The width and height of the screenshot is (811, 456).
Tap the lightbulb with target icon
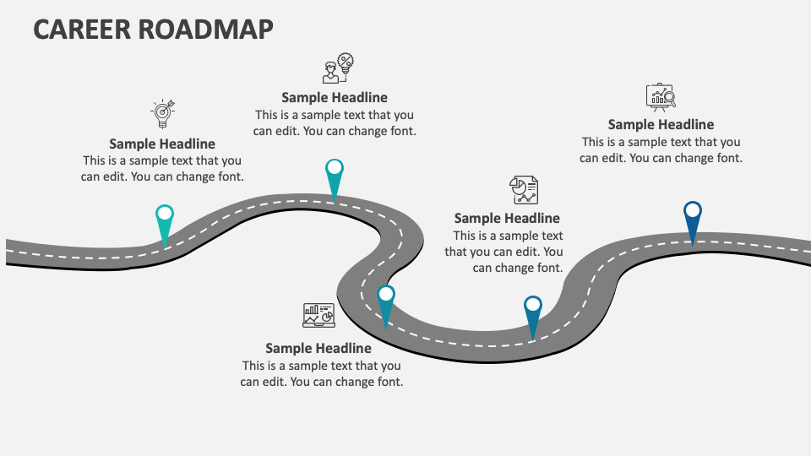tap(162, 113)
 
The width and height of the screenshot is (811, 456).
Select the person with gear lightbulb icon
tap(338, 68)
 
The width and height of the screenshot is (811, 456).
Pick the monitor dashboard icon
tap(318, 316)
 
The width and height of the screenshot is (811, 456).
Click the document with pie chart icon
tap(523, 190)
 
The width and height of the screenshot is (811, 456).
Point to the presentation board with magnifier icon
tap(661, 97)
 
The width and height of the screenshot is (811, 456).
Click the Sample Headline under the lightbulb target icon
tap(162, 144)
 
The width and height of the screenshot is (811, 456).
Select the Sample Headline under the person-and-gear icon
tap(335, 97)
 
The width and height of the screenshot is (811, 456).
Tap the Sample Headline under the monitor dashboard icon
tap(318, 348)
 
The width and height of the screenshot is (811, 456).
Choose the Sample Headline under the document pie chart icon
tap(507, 219)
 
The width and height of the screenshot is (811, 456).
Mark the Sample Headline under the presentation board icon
tap(661, 125)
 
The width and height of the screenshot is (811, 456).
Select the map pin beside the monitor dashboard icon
tap(386, 305)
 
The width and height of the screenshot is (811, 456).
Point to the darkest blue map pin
tap(693, 221)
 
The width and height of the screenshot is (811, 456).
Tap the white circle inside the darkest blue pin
tap(693, 210)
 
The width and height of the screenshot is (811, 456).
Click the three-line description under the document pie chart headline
tap(505, 252)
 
